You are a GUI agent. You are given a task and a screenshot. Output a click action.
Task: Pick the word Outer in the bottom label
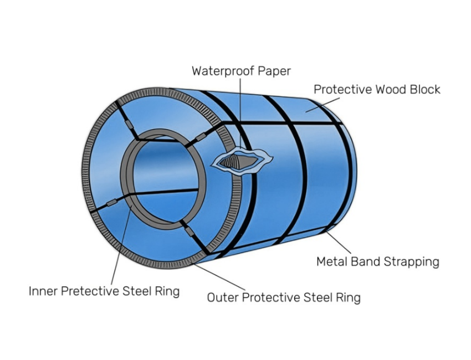223,297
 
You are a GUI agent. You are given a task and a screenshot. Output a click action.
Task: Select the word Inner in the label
43,291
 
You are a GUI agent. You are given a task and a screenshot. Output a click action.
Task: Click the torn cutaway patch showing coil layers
242,161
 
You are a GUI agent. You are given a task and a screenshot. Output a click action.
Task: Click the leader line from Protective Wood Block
322,105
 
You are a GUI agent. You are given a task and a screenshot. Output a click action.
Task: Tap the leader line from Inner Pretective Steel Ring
122,245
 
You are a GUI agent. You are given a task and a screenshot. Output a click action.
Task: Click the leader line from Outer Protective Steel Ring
219,277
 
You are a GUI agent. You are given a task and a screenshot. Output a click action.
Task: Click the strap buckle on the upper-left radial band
129,124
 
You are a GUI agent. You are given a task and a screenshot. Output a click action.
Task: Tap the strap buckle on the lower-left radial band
111,203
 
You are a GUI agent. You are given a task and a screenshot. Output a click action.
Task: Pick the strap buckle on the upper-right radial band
201,137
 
